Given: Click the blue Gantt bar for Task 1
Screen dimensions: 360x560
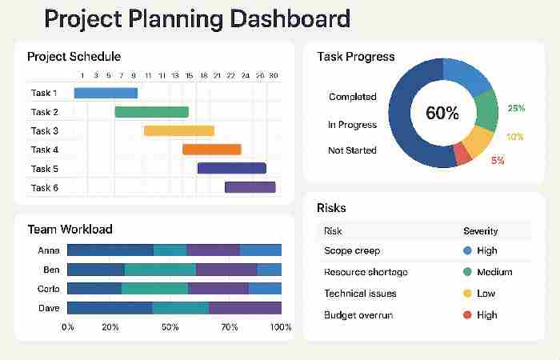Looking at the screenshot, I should [x=106, y=93].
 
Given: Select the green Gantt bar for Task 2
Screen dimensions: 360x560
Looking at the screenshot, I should [x=152, y=112].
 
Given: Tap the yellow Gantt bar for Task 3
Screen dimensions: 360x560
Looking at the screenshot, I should [x=179, y=130].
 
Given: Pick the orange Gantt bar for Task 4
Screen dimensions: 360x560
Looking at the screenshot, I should [x=212, y=150].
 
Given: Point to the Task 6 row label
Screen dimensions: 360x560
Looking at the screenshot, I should [x=45, y=188].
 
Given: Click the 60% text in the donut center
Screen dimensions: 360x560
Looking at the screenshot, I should [x=442, y=114].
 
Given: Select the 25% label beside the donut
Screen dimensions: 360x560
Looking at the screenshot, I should [x=516, y=108].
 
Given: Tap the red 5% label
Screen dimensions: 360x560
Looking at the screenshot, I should [x=498, y=161].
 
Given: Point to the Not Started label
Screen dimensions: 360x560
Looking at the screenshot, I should [x=352, y=150].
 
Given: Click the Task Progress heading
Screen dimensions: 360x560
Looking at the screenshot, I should [x=355, y=57].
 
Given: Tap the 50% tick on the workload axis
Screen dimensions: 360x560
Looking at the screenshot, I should [x=170, y=327].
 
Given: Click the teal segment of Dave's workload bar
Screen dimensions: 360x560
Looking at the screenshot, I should [x=180, y=308].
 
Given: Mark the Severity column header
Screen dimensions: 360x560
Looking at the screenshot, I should [x=480, y=231].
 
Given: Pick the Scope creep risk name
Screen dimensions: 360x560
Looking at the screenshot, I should [x=352, y=250].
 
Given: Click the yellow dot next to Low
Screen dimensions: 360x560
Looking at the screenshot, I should [x=467, y=294].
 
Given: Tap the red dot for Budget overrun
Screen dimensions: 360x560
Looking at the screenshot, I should [x=467, y=315].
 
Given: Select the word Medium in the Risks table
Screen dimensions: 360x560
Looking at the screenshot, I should [x=494, y=272].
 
